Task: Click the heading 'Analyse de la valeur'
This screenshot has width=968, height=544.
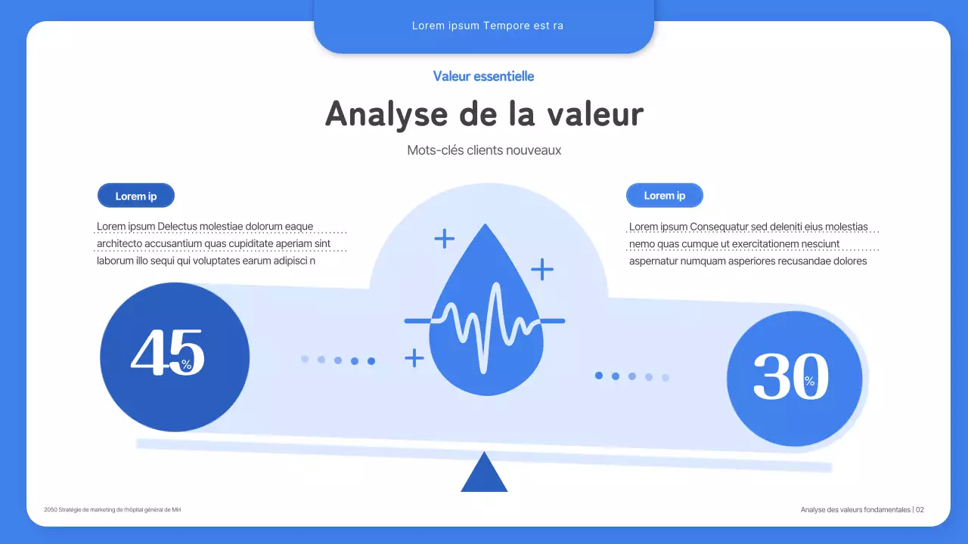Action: (484, 114)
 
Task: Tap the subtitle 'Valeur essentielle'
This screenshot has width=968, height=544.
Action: (484, 76)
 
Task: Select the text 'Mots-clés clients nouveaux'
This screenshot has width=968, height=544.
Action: (484, 150)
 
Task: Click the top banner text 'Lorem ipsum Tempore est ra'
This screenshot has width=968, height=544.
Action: (487, 26)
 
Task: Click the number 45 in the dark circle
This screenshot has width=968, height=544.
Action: (167, 351)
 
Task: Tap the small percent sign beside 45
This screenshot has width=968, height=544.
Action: (187, 365)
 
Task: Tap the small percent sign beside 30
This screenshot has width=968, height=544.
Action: (810, 382)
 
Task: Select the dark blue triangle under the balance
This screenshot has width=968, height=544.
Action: (484, 474)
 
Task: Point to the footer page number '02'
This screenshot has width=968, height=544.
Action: (920, 510)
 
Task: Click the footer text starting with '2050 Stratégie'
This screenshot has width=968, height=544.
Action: (113, 510)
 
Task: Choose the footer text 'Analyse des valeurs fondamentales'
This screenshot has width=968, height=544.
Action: (855, 510)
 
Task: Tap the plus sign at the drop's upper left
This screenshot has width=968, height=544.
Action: (445, 239)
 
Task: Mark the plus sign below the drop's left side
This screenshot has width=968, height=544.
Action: (414, 357)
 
